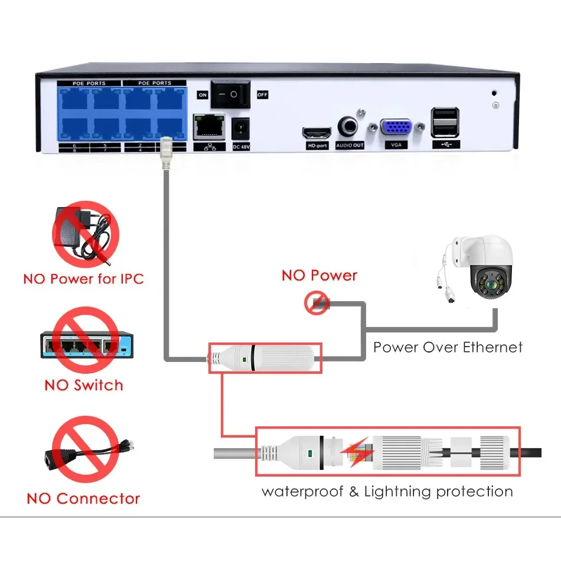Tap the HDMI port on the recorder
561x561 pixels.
click(317, 132)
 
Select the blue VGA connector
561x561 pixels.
click(396, 130)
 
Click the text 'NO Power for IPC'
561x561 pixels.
click(84, 279)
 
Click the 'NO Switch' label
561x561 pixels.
click(84, 386)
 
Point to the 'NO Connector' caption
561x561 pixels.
click(84, 498)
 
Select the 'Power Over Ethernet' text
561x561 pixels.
click(448, 347)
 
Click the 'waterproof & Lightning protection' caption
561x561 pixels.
click(387, 491)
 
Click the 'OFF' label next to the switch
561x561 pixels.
click(262, 94)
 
